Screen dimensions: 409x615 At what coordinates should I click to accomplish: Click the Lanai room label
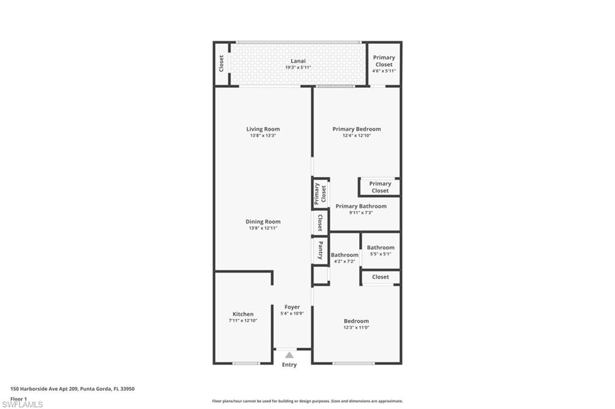298,61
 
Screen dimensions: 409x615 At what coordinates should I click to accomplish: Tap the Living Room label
263,129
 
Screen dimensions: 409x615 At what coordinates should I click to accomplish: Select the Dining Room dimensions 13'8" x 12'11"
263,228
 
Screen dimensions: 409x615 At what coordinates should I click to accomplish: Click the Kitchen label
243,314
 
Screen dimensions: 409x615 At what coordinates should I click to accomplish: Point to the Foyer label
292,307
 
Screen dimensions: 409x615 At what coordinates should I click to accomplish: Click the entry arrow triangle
289,355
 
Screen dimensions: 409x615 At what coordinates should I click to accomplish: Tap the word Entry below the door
289,365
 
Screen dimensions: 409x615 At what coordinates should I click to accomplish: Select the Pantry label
321,250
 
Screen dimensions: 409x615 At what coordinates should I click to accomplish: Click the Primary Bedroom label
357,129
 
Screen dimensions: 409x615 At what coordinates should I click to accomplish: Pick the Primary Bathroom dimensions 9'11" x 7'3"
361,213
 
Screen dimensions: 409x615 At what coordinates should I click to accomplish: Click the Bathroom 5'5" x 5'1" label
381,247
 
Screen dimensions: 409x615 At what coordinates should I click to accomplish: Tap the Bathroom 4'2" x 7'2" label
344,255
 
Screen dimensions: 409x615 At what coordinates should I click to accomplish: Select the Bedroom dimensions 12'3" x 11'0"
356,327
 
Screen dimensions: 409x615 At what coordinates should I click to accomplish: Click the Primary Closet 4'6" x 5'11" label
384,61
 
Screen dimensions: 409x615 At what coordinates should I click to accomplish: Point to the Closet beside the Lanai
222,63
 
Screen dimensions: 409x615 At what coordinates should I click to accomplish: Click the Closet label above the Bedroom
380,277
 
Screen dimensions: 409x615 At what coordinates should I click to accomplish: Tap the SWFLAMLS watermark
22,404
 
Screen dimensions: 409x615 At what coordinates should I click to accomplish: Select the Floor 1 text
19,398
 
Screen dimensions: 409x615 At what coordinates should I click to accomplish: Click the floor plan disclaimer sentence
307,401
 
